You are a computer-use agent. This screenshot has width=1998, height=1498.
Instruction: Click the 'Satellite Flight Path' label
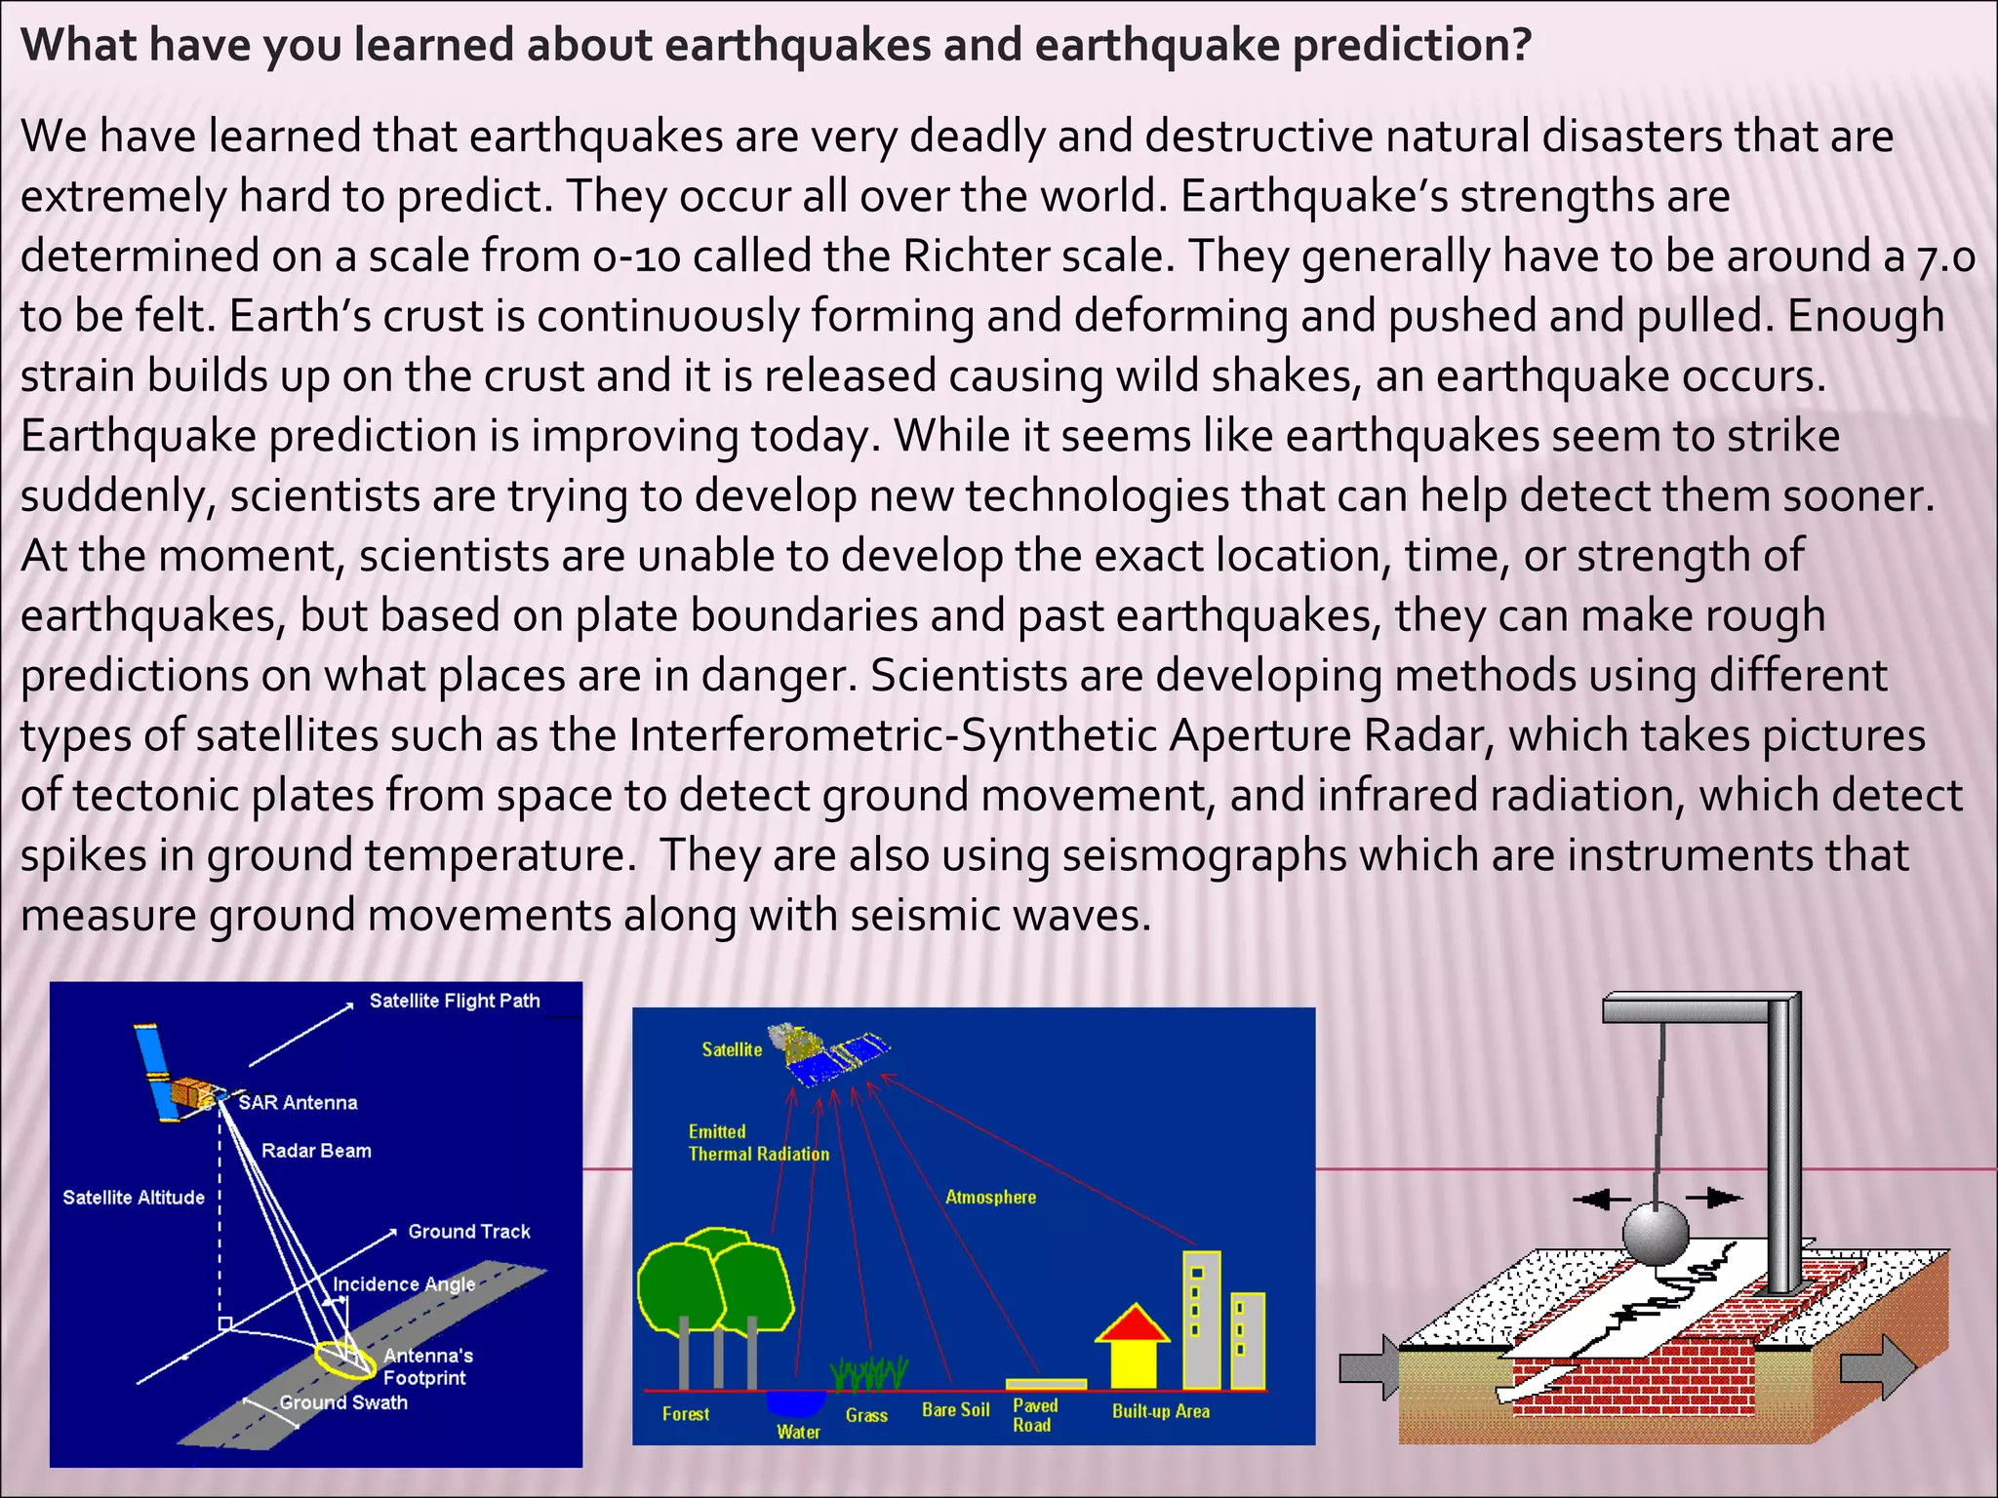coord(455,1001)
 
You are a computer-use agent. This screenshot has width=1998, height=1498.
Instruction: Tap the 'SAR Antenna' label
coord(298,1103)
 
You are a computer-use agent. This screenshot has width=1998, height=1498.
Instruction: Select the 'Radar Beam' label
coord(316,1151)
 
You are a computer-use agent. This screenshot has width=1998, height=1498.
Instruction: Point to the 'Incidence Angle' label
coord(404,1284)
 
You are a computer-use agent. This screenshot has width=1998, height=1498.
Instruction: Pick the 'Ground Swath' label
coord(343,1402)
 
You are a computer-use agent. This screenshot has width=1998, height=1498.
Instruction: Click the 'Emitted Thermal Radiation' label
coord(758,1143)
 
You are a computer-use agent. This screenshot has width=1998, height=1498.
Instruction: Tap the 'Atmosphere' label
coord(990,1197)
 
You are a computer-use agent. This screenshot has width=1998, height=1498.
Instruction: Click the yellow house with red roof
coord(1132,1351)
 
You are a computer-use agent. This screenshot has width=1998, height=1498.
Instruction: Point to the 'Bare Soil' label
coord(955,1410)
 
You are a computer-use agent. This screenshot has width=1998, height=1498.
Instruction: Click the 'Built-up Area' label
coord(1160,1411)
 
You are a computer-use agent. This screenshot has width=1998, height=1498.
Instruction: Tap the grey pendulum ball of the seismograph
coord(1655,1234)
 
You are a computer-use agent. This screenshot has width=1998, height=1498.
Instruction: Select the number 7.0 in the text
coord(1945,256)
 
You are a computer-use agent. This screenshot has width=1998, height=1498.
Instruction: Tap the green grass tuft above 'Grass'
coord(869,1373)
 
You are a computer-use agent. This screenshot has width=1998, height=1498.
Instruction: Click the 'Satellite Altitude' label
coord(134,1198)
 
